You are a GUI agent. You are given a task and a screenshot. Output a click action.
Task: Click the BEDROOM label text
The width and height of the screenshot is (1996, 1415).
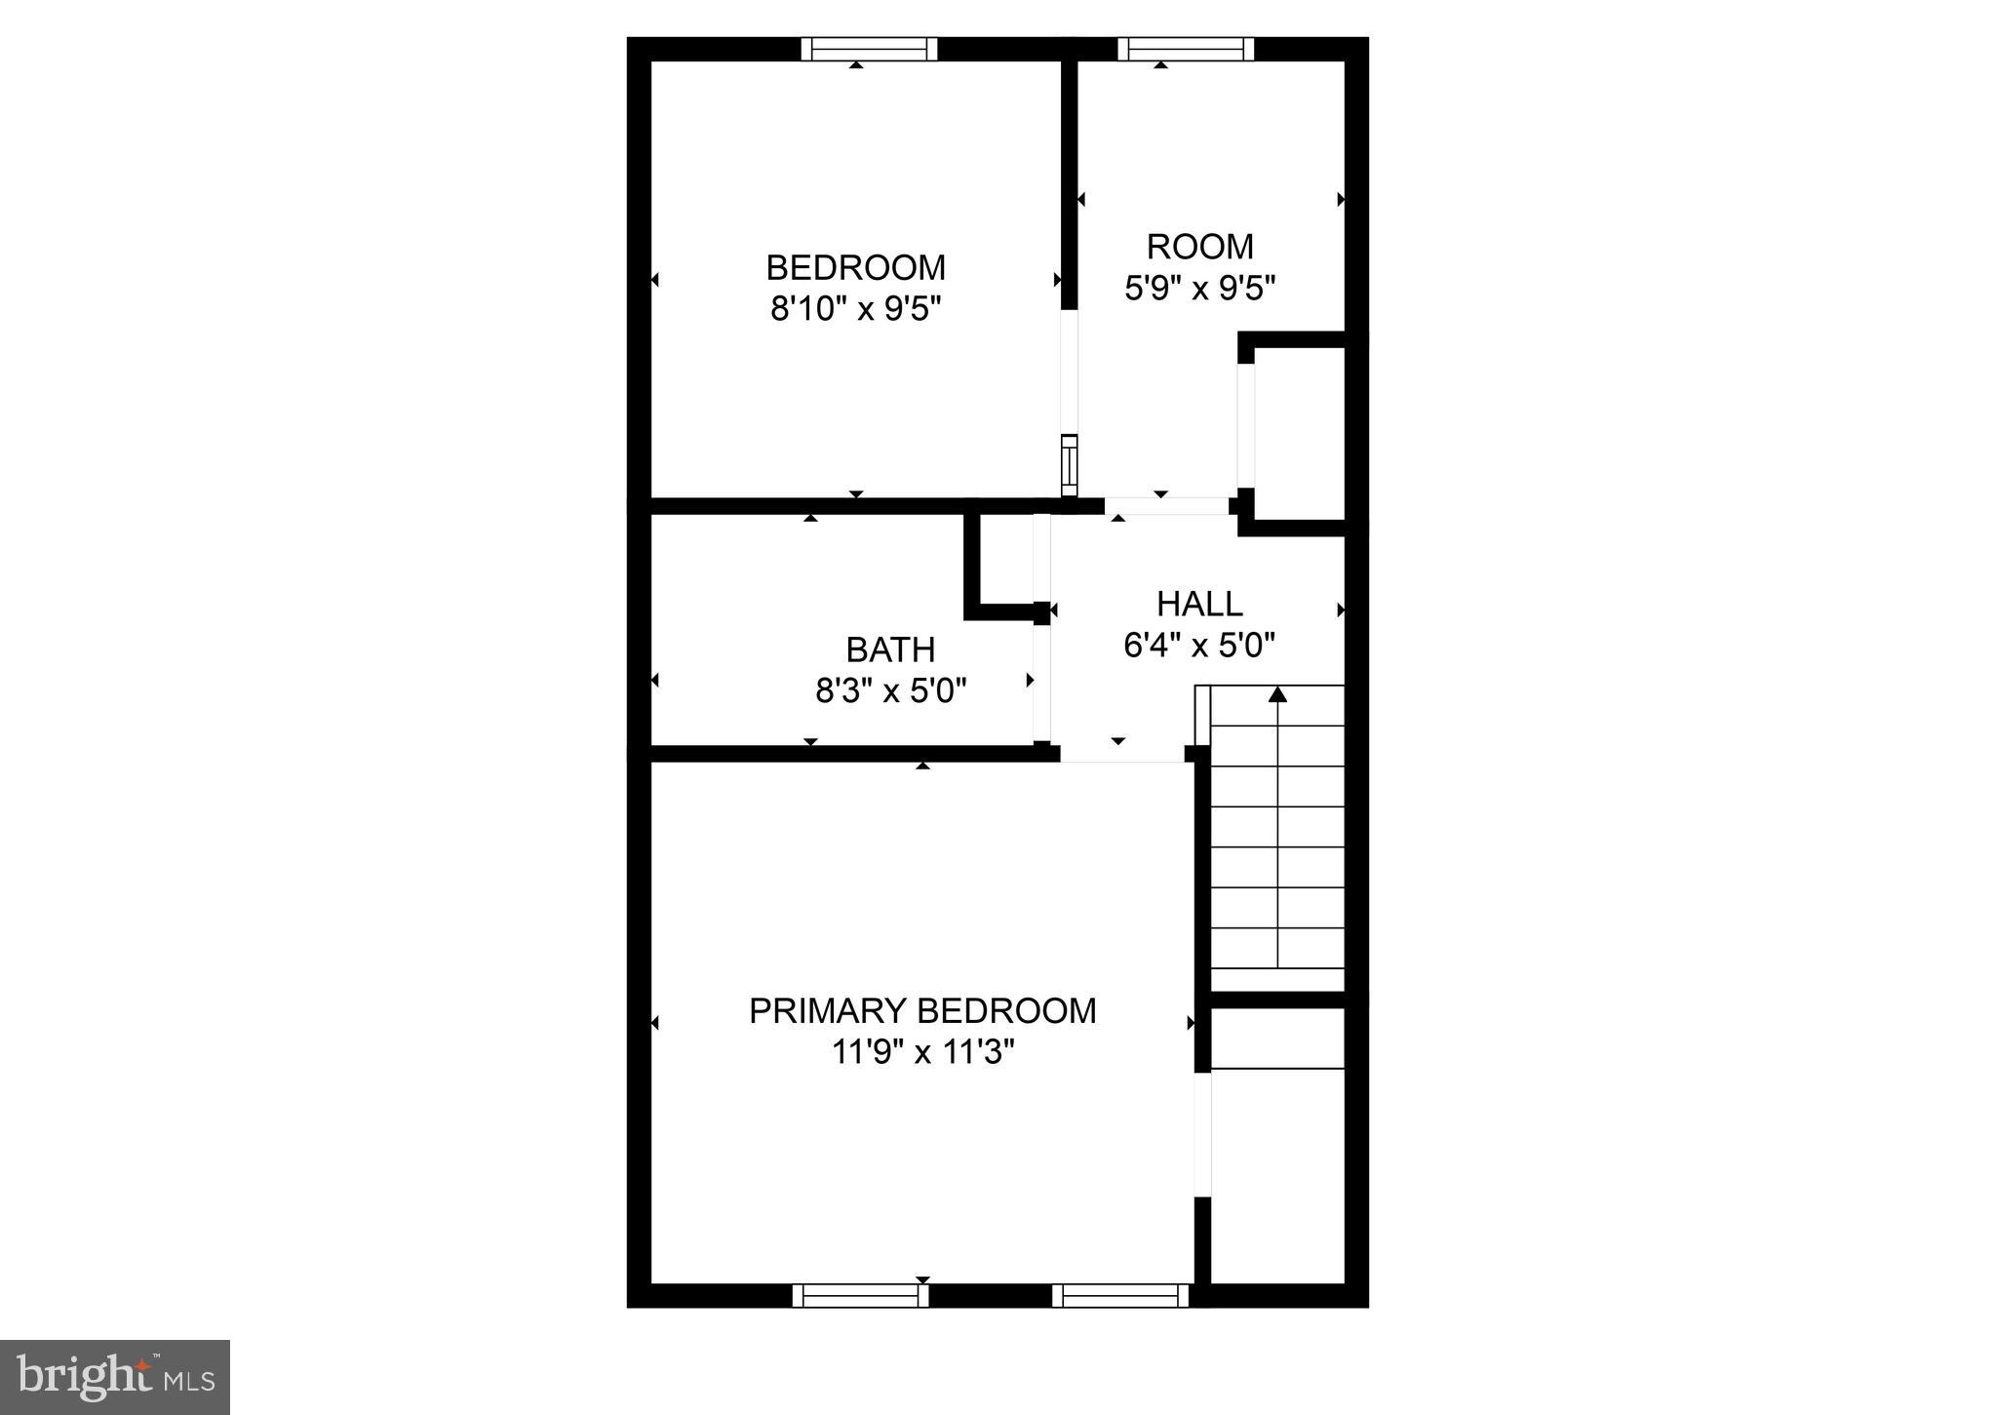(855, 267)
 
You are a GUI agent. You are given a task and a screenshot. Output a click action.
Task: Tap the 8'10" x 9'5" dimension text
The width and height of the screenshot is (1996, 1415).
(855, 309)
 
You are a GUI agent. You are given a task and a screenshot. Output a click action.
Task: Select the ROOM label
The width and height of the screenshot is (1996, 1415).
(1199, 246)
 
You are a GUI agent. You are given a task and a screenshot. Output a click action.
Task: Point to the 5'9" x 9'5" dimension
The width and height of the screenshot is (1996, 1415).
(1199, 288)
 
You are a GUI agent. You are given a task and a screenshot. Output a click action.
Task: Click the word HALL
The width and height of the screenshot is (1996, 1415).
(1199, 604)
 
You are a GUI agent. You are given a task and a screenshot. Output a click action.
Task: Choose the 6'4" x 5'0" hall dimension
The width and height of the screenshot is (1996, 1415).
(1199, 646)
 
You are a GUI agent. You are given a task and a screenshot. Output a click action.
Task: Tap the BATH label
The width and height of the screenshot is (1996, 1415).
(890, 649)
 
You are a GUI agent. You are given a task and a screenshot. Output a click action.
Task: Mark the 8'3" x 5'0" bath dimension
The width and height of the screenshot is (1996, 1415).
(890, 691)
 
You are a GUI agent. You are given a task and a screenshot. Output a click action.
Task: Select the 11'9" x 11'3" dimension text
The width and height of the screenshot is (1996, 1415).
(922, 1052)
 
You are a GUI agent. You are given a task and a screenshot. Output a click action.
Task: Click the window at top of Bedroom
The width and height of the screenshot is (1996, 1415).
(869, 49)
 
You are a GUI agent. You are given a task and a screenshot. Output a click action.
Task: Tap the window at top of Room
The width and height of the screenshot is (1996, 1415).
(1185, 49)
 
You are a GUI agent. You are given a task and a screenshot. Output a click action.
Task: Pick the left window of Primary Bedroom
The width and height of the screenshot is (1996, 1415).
(860, 1295)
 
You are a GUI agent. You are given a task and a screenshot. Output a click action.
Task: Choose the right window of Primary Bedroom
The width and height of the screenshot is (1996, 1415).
(1120, 1295)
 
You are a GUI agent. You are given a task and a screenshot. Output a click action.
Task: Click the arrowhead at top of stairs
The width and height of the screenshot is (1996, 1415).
(1277, 694)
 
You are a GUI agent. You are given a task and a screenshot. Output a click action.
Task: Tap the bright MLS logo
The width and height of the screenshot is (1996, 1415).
(115, 1377)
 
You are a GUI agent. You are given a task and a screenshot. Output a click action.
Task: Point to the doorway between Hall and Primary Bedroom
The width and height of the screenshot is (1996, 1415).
(1121, 754)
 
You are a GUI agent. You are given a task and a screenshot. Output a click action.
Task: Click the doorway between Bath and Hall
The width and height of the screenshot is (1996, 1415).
(1042, 683)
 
